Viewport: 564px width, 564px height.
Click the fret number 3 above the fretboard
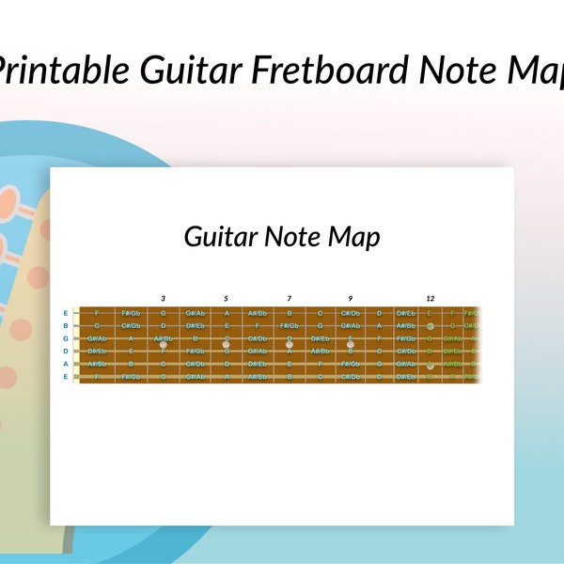(x=163, y=298)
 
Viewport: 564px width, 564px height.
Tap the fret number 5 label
(x=226, y=298)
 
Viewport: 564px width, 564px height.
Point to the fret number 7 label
(x=290, y=298)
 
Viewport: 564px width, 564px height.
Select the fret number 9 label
(x=351, y=298)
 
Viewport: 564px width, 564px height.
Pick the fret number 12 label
(x=430, y=298)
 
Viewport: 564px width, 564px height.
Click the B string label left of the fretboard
(x=66, y=325)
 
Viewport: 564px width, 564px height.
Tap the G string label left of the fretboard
(x=66, y=337)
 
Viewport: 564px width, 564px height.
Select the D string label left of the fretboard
(x=66, y=351)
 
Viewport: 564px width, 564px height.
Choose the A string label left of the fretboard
(x=66, y=363)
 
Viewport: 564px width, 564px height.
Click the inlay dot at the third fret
(x=163, y=344)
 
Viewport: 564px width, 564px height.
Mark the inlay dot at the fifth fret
(x=226, y=344)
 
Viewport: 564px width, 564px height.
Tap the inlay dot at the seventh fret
(x=290, y=344)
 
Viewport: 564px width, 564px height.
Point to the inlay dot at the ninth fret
(x=351, y=344)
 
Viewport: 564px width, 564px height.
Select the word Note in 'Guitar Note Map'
(x=291, y=236)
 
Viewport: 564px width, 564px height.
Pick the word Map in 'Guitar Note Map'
(x=354, y=238)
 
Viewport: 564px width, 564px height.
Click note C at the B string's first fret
(x=97, y=325)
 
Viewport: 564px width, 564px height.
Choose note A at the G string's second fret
(x=131, y=337)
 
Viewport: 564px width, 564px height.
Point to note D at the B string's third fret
(x=163, y=325)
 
